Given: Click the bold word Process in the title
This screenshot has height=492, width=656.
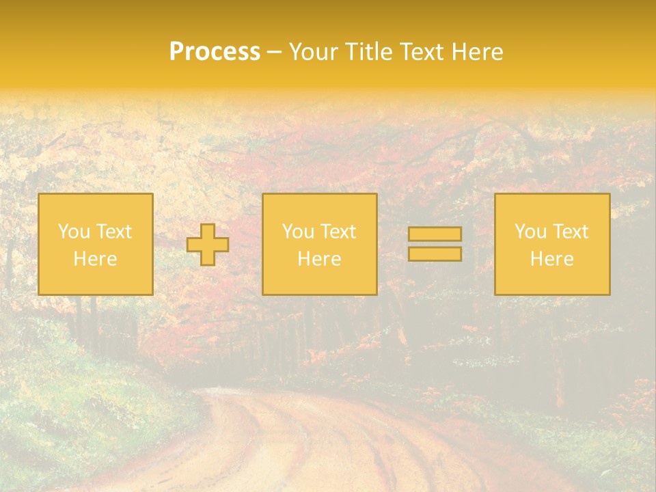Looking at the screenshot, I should tap(215, 52).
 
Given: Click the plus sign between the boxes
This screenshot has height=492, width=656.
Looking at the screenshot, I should tap(208, 245).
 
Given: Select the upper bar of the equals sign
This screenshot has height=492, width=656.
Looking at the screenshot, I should tap(435, 234).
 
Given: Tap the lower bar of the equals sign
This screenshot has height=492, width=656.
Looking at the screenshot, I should tap(435, 254).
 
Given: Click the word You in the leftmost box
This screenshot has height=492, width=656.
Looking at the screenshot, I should tap(74, 232).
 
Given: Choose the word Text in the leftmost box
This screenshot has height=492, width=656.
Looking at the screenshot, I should tap(113, 232).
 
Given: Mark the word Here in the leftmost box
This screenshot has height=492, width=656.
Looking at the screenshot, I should tap(95, 259).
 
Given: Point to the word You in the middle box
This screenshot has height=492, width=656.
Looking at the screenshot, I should tap(298, 232).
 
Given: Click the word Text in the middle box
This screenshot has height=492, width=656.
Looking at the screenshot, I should tap(338, 232).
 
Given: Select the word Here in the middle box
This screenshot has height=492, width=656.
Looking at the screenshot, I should tap(319, 259).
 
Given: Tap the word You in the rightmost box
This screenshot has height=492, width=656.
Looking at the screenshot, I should tap(530, 232).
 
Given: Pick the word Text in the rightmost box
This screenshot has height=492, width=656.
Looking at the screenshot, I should tap(570, 232).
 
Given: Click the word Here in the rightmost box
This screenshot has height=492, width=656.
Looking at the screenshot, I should tap(551, 259).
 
